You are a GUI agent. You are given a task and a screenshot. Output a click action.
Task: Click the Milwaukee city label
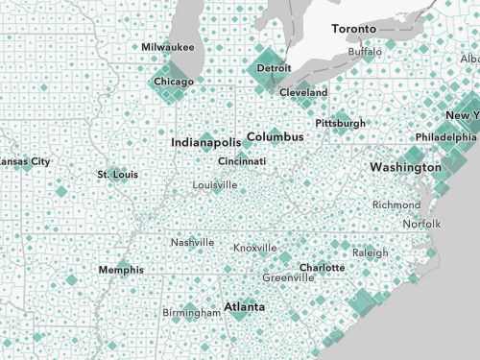coord(168,47)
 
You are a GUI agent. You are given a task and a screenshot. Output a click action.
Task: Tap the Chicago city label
coord(174,83)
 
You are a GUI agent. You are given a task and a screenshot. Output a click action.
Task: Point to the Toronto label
coord(353,30)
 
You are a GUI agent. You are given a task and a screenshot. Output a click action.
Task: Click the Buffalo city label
coord(365,52)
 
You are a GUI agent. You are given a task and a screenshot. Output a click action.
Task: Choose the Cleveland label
coord(303,93)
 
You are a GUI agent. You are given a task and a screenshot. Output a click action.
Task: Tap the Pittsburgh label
coord(340,124)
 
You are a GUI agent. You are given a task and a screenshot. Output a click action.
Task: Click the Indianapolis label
coord(204,142)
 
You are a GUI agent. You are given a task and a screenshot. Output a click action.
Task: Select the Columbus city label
coord(275,137)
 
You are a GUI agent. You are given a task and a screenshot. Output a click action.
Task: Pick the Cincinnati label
coord(242,161)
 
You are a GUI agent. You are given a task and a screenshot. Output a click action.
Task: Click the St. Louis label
coord(117,175)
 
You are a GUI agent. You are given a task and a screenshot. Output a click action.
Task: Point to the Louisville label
coord(215,184)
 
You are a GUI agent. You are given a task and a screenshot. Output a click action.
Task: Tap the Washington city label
coord(404,167)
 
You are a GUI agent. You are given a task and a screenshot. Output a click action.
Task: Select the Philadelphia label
coord(445,137)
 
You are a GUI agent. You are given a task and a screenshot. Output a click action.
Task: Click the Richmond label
coord(396,205)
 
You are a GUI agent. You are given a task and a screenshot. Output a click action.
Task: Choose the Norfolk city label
coord(421,224)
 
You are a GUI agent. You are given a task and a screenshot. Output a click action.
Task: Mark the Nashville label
coord(192,243)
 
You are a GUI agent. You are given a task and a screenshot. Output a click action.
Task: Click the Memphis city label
coord(121,270)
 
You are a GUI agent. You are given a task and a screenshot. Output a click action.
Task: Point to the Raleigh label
coord(370,252)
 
